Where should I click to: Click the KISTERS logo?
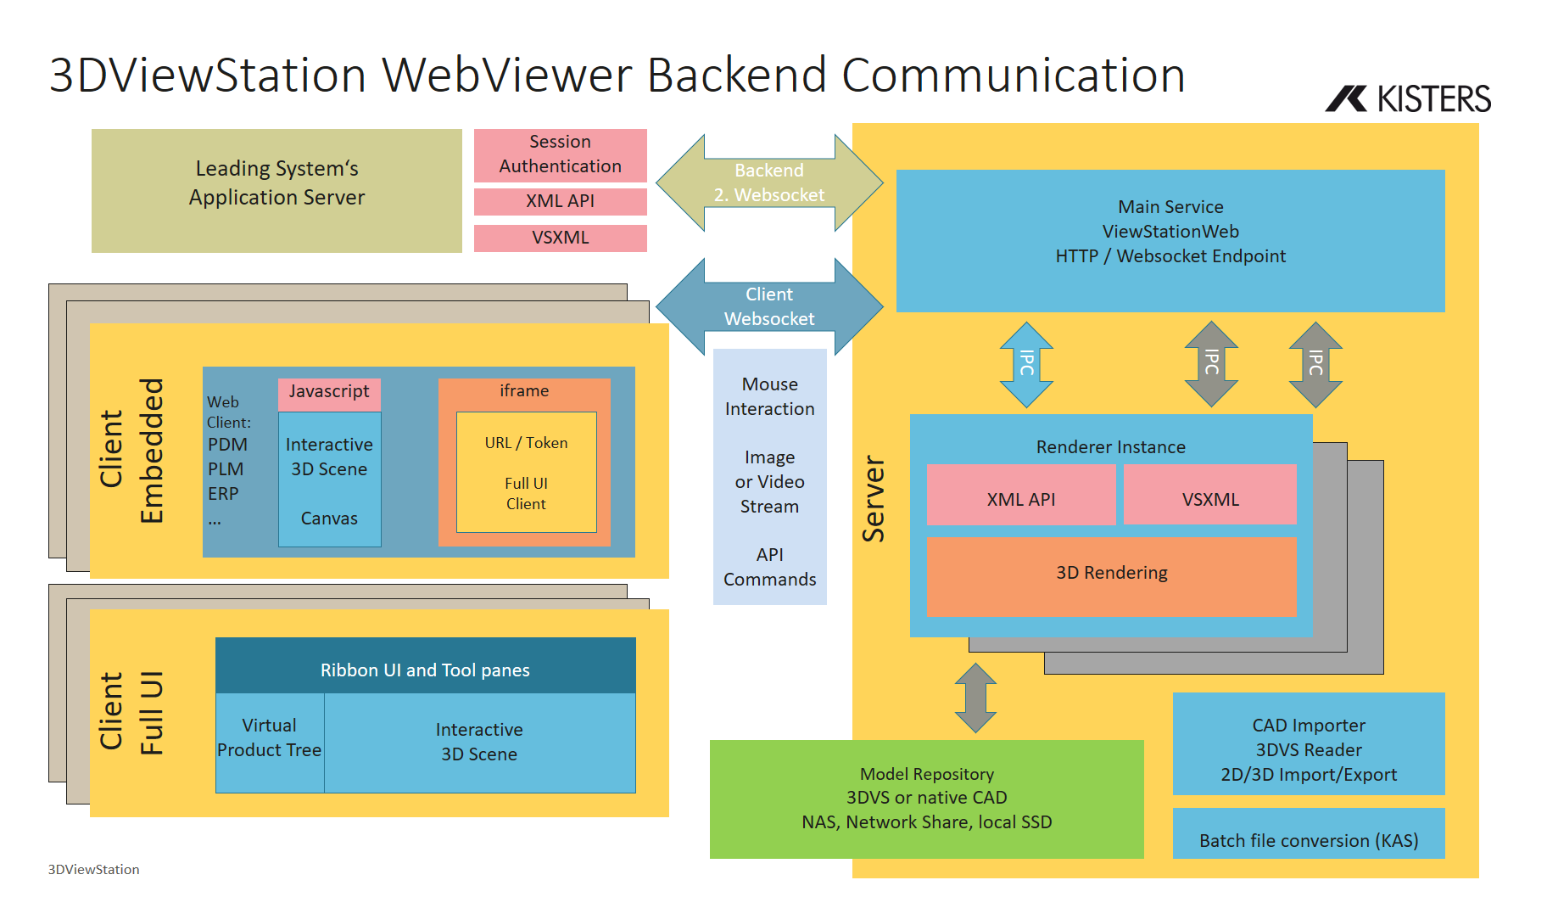click(1408, 99)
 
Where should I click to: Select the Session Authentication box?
click(560, 154)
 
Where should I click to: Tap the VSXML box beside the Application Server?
click(560, 238)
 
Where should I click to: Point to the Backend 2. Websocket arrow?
click(768, 182)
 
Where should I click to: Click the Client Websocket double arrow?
click(768, 306)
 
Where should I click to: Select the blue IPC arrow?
click(1026, 364)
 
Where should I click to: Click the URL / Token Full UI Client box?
click(526, 473)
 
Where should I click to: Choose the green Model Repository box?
click(926, 799)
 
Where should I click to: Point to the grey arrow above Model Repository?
click(975, 698)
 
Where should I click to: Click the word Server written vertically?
click(874, 499)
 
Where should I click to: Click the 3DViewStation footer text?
click(93, 869)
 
